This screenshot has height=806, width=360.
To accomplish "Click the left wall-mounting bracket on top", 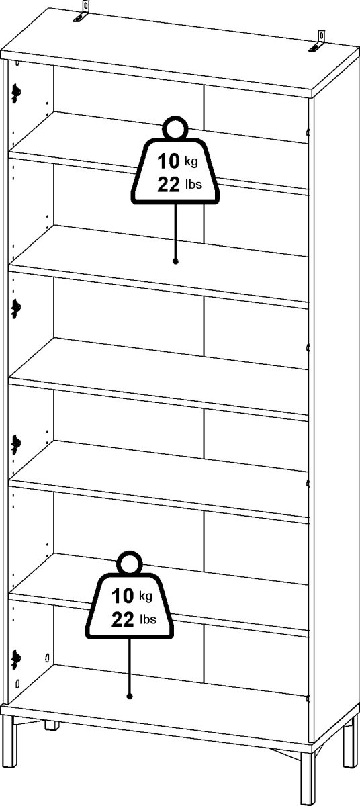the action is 82,13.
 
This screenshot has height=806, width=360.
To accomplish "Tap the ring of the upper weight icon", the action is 175,128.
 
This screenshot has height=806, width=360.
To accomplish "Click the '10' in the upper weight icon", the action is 169,161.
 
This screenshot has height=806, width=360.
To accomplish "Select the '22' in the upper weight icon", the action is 169,185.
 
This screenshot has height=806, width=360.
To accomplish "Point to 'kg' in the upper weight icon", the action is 191,162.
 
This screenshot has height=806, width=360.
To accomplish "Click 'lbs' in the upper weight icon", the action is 193,184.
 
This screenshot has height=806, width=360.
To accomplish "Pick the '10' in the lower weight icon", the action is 123,596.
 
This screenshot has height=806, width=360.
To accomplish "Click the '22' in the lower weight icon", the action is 123,619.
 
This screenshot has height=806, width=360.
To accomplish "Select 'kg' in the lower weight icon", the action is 146,596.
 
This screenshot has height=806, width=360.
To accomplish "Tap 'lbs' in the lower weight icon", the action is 148,619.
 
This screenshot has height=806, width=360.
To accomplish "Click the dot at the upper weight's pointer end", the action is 175,261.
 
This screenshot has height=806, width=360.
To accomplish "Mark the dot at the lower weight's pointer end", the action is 130,697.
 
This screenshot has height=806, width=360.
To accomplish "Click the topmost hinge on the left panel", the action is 16,93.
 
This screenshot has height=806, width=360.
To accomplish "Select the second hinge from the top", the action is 16,308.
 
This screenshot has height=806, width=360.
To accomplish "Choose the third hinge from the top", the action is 16,444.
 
